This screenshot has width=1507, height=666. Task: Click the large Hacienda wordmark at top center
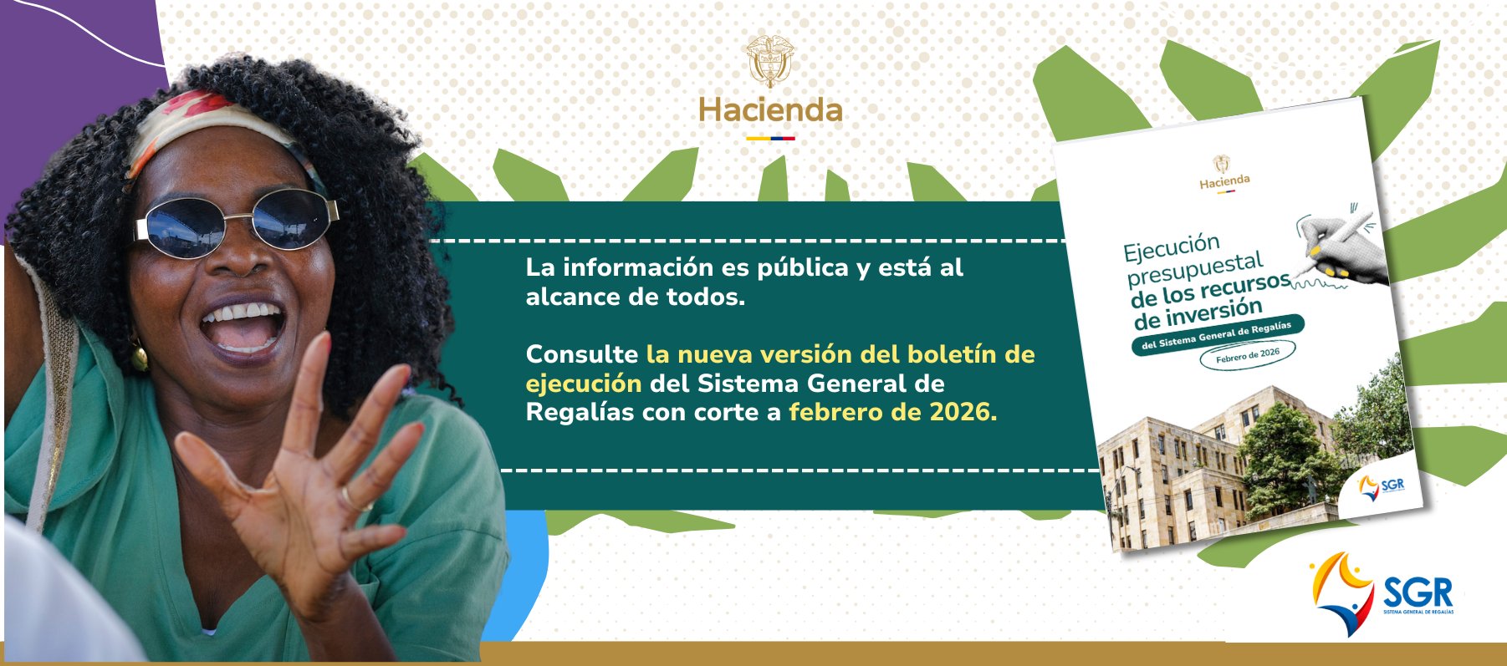point(770,110)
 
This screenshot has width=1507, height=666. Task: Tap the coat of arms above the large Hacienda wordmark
point(770,61)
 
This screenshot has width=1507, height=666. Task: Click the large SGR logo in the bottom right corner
point(1382,594)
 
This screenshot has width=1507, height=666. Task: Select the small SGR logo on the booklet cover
point(1381,486)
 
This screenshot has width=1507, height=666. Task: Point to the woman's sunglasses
point(237,222)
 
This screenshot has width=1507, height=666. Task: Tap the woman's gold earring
point(139,355)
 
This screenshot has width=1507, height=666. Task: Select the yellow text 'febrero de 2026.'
point(893,412)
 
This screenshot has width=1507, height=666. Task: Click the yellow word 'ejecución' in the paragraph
point(584,384)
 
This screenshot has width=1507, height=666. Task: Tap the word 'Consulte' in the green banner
point(582,354)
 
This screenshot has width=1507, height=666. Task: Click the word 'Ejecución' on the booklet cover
point(1172,247)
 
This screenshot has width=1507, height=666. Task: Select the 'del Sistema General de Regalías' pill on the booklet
point(1217,334)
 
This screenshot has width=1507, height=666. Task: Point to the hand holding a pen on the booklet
point(1339,246)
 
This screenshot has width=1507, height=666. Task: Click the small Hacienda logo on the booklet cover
point(1224,174)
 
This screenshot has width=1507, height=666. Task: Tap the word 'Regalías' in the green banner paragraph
point(580,413)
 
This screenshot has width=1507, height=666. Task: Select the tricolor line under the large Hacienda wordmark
point(770,138)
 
